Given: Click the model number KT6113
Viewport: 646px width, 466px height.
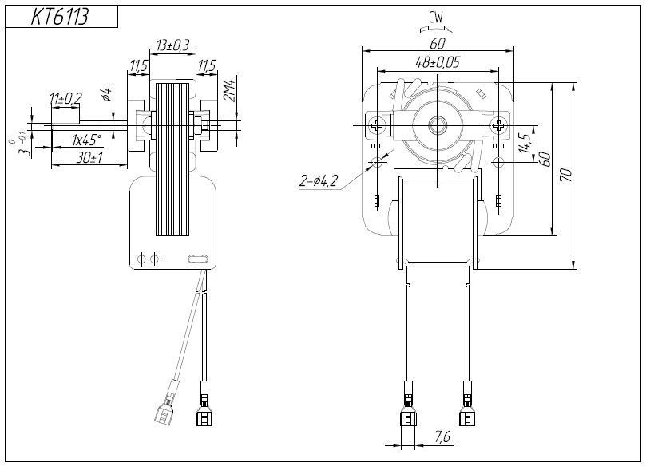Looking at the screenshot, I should coord(60,17).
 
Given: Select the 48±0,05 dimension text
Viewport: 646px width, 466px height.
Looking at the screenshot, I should coord(437,62).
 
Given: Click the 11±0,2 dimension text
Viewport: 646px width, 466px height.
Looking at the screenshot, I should coord(65,98).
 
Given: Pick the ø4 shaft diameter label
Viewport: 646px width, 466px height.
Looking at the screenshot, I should coord(105,96).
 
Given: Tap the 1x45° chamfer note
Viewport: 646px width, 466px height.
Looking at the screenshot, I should coord(86,140).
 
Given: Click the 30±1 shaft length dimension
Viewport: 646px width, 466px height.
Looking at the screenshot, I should coord(89,157).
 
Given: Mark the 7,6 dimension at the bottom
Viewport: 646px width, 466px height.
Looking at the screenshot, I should coord(442,437).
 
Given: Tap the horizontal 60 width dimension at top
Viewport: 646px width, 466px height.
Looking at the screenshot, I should coord(437,43).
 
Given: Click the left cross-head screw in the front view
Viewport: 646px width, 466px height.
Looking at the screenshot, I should coord(376,125).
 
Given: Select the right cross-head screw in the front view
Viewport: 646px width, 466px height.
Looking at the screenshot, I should coord(499,125).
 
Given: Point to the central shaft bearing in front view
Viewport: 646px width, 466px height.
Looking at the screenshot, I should coord(438,125).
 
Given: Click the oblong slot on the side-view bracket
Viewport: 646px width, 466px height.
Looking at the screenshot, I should coord(197,258).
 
